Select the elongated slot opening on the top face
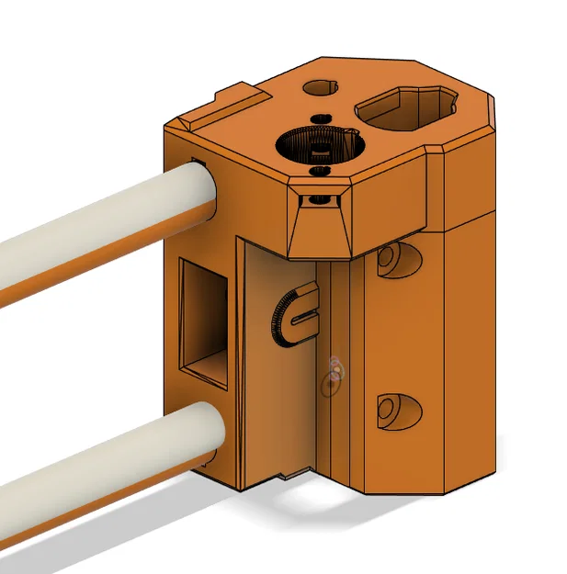pyautogui.click(x=405, y=108)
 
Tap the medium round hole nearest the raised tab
pyautogui.click(x=319, y=87)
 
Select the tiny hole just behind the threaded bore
pyautogui.click(x=321, y=118)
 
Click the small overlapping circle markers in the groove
pyautogui.click(x=335, y=374)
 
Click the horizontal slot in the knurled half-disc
pyautogui.click(x=303, y=317)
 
